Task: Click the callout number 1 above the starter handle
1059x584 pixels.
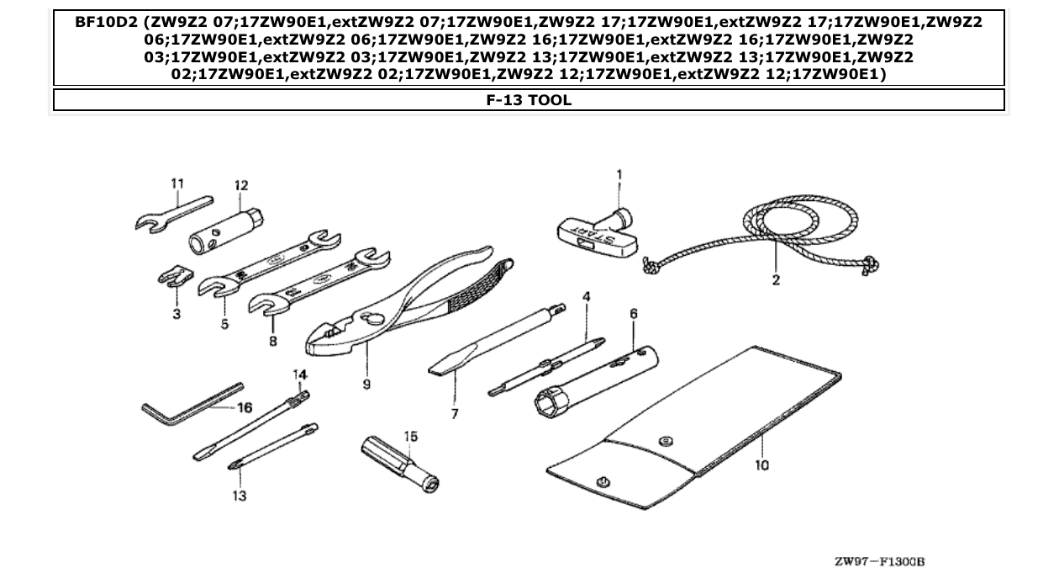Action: pyautogui.click(x=619, y=175)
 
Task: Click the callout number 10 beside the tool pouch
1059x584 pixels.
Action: pyautogui.click(x=761, y=464)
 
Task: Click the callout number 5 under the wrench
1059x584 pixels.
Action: pyautogui.click(x=224, y=324)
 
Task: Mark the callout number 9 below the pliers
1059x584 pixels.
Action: pyautogui.click(x=367, y=384)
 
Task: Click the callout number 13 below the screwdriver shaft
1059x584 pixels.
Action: pyautogui.click(x=240, y=496)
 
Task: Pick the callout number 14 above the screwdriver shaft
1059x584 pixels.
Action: pyautogui.click(x=299, y=374)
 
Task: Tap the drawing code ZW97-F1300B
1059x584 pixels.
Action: pyautogui.click(x=879, y=561)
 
